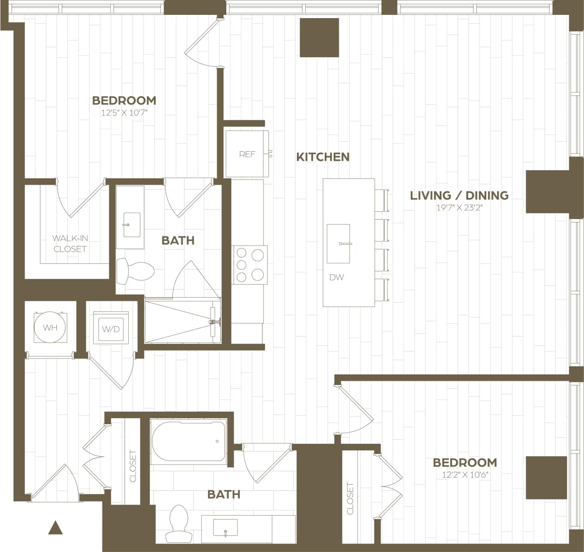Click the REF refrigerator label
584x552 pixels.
coord(247,154)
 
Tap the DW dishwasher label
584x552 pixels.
coord(337,278)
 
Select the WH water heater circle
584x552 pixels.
coord(50,328)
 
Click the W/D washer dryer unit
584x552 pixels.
coord(111,329)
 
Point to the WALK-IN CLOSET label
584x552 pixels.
coord(70,244)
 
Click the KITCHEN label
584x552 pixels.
coord(323,157)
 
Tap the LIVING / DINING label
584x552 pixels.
coord(459,195)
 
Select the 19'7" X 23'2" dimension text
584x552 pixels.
coord(459,208)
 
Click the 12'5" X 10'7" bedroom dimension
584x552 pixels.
coord(124,113)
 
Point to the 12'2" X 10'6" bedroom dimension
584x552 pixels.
coord(465,475)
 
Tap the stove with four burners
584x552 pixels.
coord(250,265)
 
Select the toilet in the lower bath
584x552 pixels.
coord(178,523)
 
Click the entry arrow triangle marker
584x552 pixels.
coord(55,527)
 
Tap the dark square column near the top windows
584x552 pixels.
coord(319,38)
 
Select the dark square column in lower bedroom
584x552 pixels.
coord(546,478)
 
